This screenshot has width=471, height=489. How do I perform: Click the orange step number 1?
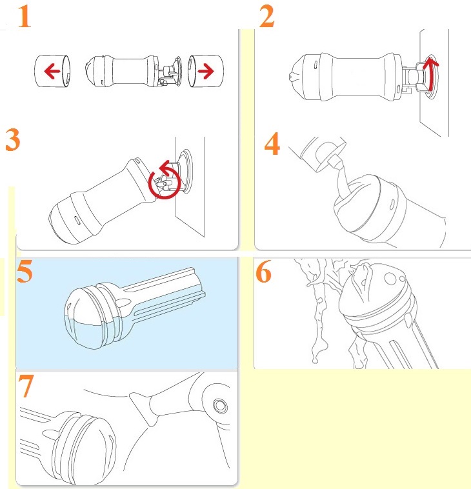pos(25,17)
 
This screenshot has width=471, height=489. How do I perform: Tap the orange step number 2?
pos(267,17)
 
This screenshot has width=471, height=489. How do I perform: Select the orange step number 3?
pos(13,140)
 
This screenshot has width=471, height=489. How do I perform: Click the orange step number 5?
pos(25,272)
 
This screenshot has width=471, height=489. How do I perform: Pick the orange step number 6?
pos(264,272)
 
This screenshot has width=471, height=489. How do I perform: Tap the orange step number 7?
pos(26,386)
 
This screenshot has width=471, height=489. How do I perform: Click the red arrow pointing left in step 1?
pos(52,71)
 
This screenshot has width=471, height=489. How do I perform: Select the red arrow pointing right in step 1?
pos(206,71)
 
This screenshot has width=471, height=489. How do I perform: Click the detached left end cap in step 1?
pos(52,71)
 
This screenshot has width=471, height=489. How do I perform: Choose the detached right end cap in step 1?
pos(206,71)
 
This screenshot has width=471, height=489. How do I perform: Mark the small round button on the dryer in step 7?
pos(220,405)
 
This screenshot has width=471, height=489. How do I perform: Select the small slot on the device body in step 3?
pos(77,219)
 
